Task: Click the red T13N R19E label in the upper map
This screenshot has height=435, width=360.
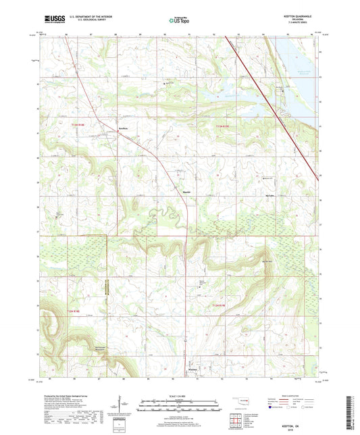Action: [x=223, y=126]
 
